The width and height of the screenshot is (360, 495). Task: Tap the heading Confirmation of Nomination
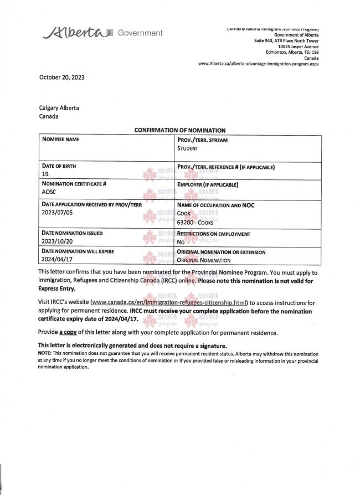pos(180,130)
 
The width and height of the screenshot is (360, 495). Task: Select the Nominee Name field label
pos(61,140)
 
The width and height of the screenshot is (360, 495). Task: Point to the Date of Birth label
pos(59,166)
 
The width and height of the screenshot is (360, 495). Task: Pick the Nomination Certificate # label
pos(74,184)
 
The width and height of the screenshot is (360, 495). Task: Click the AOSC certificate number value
pos(49,193)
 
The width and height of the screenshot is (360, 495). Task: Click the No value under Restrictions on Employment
pos(181,242)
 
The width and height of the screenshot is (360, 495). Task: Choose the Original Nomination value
pos(204,260)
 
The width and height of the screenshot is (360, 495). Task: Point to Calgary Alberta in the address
pos(59,108)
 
